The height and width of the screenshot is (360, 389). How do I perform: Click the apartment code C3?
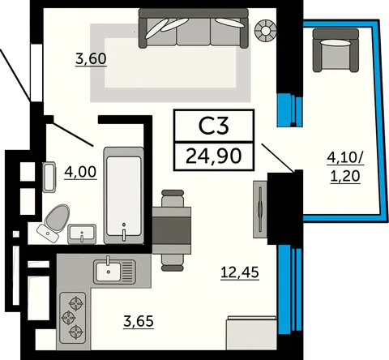click(214, 126)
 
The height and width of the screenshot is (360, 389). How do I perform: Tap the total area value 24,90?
click(213, 156)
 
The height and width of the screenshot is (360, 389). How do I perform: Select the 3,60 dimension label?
click(91, 58)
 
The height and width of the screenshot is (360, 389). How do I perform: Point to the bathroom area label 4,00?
click(80, 172)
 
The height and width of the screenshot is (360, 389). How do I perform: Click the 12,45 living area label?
click(240, 272)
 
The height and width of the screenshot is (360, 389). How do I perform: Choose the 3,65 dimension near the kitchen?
click(139, 321)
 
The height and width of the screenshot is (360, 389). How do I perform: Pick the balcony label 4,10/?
click(345, 158)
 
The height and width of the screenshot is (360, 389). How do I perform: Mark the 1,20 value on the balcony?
click(345, 176)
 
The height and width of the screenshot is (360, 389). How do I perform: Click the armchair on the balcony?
click(336, 50)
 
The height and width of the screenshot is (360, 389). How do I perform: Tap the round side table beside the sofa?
click(266, 31)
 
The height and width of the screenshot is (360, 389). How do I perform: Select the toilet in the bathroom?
click(53, 222)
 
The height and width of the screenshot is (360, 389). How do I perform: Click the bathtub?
click(124, 195)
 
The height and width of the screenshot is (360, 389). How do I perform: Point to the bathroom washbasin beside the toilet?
click(82, 234)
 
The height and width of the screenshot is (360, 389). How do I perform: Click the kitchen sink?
click(114, 272)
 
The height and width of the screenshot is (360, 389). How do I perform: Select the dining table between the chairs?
click(172, 230)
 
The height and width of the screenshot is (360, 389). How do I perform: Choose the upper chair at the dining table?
click(173, 199)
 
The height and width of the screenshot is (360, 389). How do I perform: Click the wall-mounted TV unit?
click(260, 209)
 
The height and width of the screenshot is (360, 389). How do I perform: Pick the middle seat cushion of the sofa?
click(194, 31)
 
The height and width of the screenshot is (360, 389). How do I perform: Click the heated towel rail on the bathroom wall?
click(49, 177)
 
